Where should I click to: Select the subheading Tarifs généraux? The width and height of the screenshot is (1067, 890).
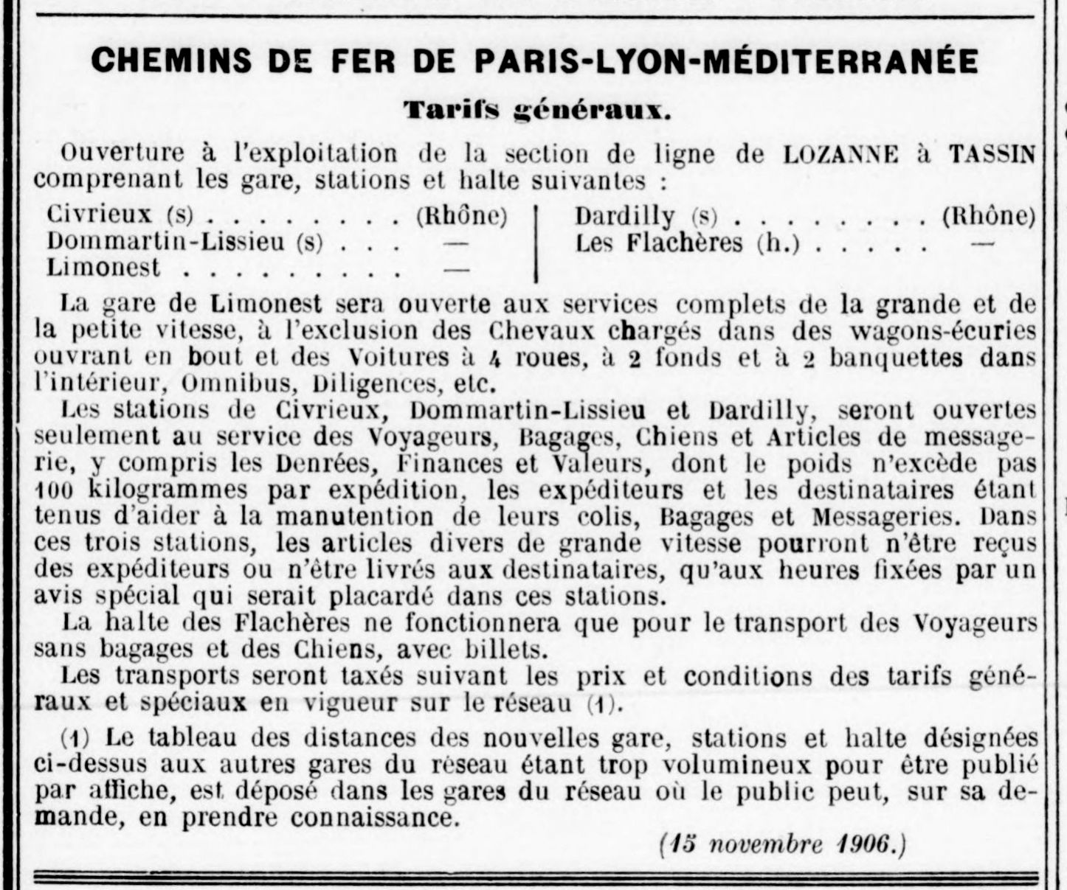[x=537, y=111]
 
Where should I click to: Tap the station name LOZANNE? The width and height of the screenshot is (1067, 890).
[x=841, y=154]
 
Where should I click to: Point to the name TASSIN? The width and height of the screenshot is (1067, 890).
[x=992, y=154]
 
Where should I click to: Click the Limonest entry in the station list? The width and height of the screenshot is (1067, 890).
[x=103, y=268]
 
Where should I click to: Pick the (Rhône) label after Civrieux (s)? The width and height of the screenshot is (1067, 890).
[x=462, y=216]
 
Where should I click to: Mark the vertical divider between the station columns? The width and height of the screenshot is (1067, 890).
[x=536, y=243]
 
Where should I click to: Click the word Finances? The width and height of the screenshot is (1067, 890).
[x=449, y=464]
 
